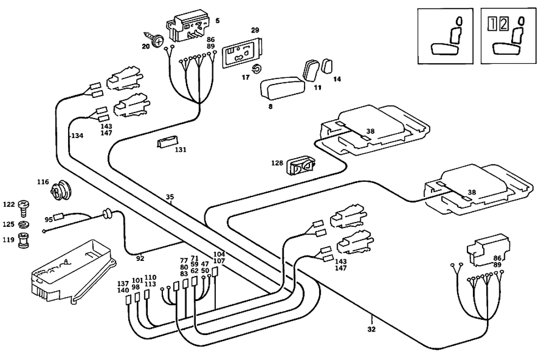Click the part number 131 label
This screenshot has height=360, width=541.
coord(181,150)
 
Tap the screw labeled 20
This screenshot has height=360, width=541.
coord(159,40)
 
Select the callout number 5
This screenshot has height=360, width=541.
coord(217,21)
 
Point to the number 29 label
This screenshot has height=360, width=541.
coord(255,30)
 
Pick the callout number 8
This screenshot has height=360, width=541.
coord(270,107)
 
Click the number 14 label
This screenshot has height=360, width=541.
coord(337,80)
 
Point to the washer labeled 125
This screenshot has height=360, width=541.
coord(24,224)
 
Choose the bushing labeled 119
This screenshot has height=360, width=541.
coord(24,239)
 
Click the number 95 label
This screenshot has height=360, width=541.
coord(48,219)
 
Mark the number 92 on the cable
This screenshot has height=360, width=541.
coord(140,258)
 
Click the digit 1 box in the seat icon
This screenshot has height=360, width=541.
coord(491,24)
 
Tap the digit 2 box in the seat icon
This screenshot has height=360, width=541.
coord(503,24)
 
